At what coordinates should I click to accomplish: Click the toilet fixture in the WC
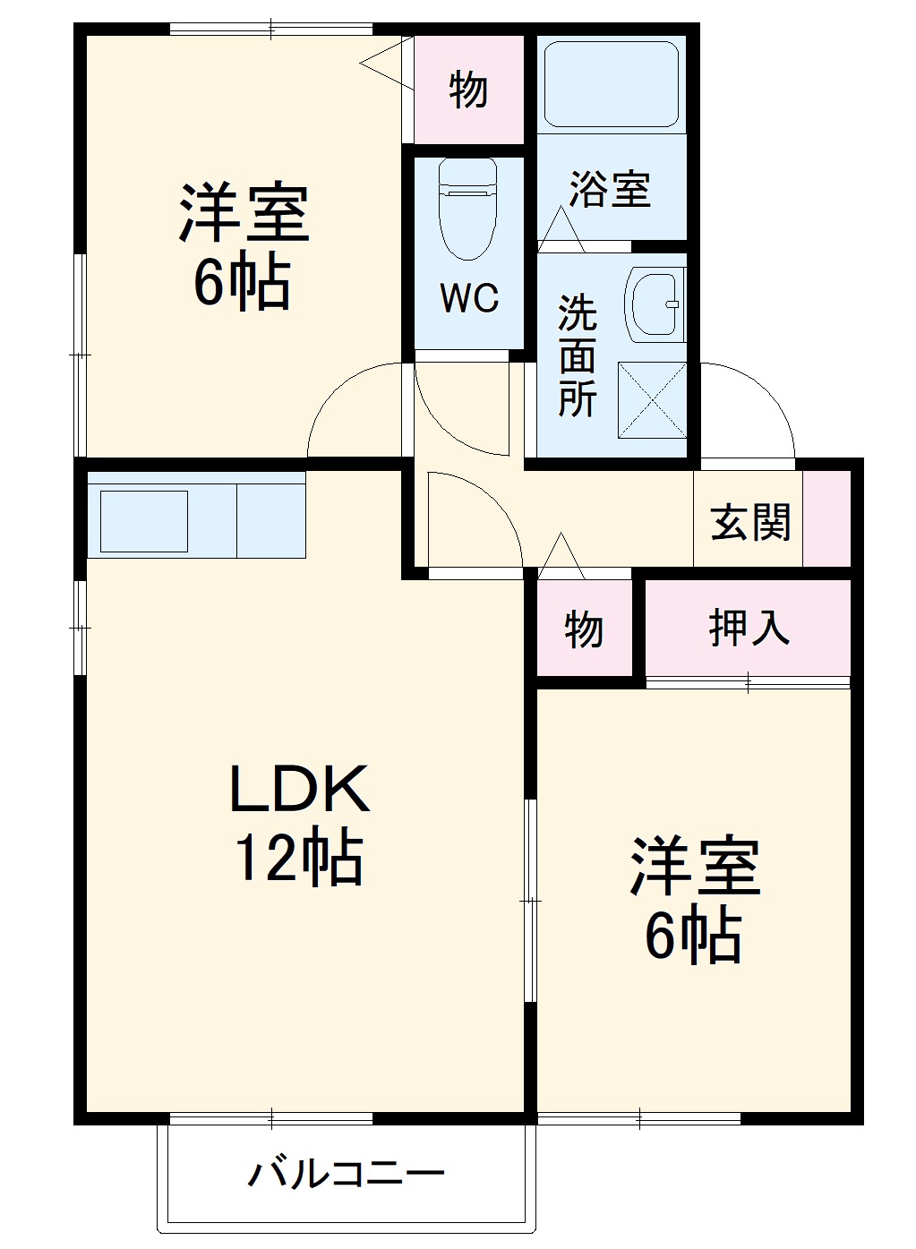click(x=467, y=208)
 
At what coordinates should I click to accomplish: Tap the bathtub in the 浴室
click(x=611, y=84)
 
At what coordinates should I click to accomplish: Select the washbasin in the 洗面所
click(x=654, y=304)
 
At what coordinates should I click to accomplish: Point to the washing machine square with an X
click(x=652, y=400)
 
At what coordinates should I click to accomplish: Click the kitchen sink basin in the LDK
click(x=143, y=521)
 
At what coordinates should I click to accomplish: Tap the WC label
click(x=469, y=298)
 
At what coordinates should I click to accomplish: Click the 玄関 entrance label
click(x=750, y=523)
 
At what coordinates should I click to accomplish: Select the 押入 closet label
click(x=749, y=628)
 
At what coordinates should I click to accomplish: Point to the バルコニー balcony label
click(x=346, y=1173)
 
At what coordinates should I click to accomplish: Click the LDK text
click(x=299, y=790)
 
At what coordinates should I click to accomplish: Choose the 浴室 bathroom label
click(x=610, y=190)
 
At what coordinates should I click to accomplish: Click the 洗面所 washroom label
click(x=578, y=355)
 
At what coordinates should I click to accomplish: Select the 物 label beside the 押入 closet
click(x=584, y=629)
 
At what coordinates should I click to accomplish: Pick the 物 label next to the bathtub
click(x=468, y=90)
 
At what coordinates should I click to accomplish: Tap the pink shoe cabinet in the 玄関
click(x=826, y=518)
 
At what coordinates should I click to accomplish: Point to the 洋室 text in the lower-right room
click(x=695, y=867)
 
